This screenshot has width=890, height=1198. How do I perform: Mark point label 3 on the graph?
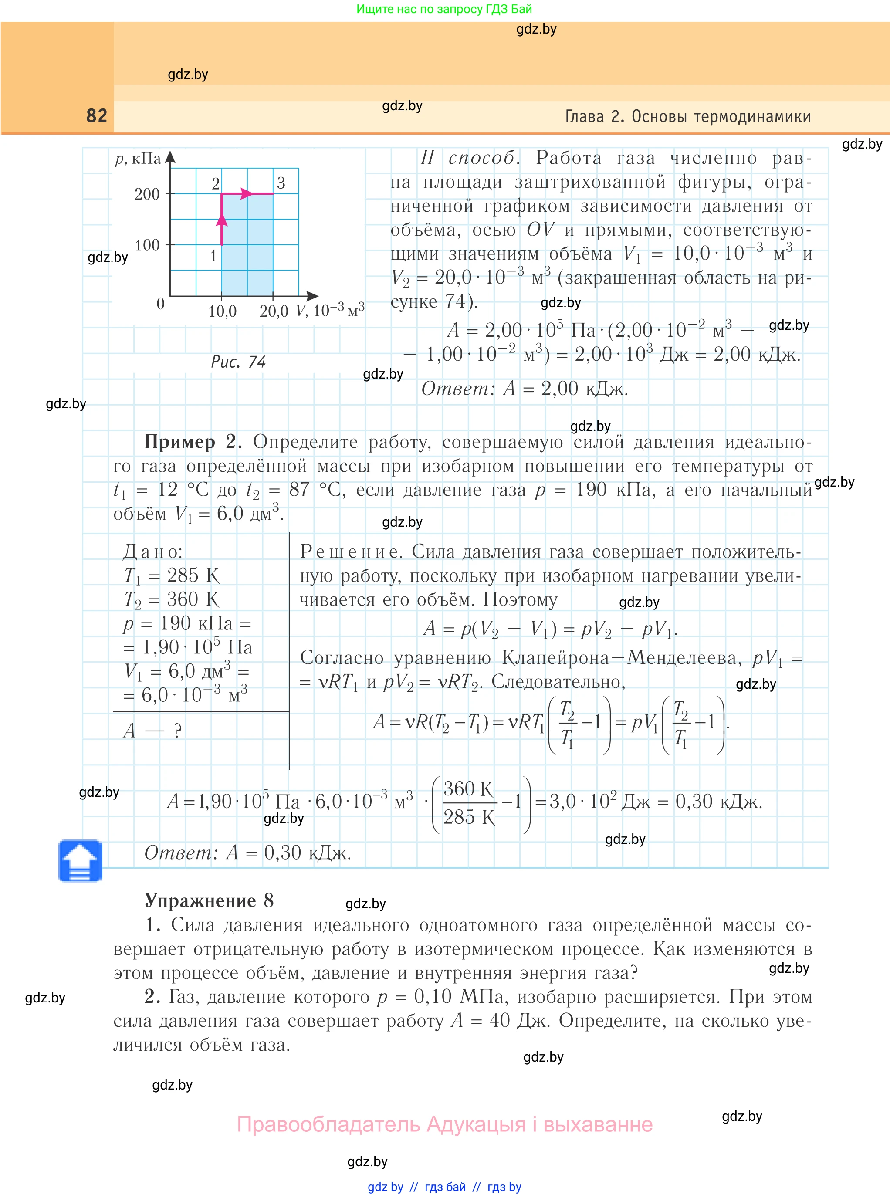[281, 183]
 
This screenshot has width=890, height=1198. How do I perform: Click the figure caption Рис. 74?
[238, 362]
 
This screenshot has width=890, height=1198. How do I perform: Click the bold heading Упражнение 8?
[209, 900]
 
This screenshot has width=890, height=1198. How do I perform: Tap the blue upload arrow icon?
[80, 860]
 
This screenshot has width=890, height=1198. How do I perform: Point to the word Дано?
[152, 551]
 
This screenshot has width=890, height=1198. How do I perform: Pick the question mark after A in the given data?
[178, 731]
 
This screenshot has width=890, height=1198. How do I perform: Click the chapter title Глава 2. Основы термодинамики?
[687, 116]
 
